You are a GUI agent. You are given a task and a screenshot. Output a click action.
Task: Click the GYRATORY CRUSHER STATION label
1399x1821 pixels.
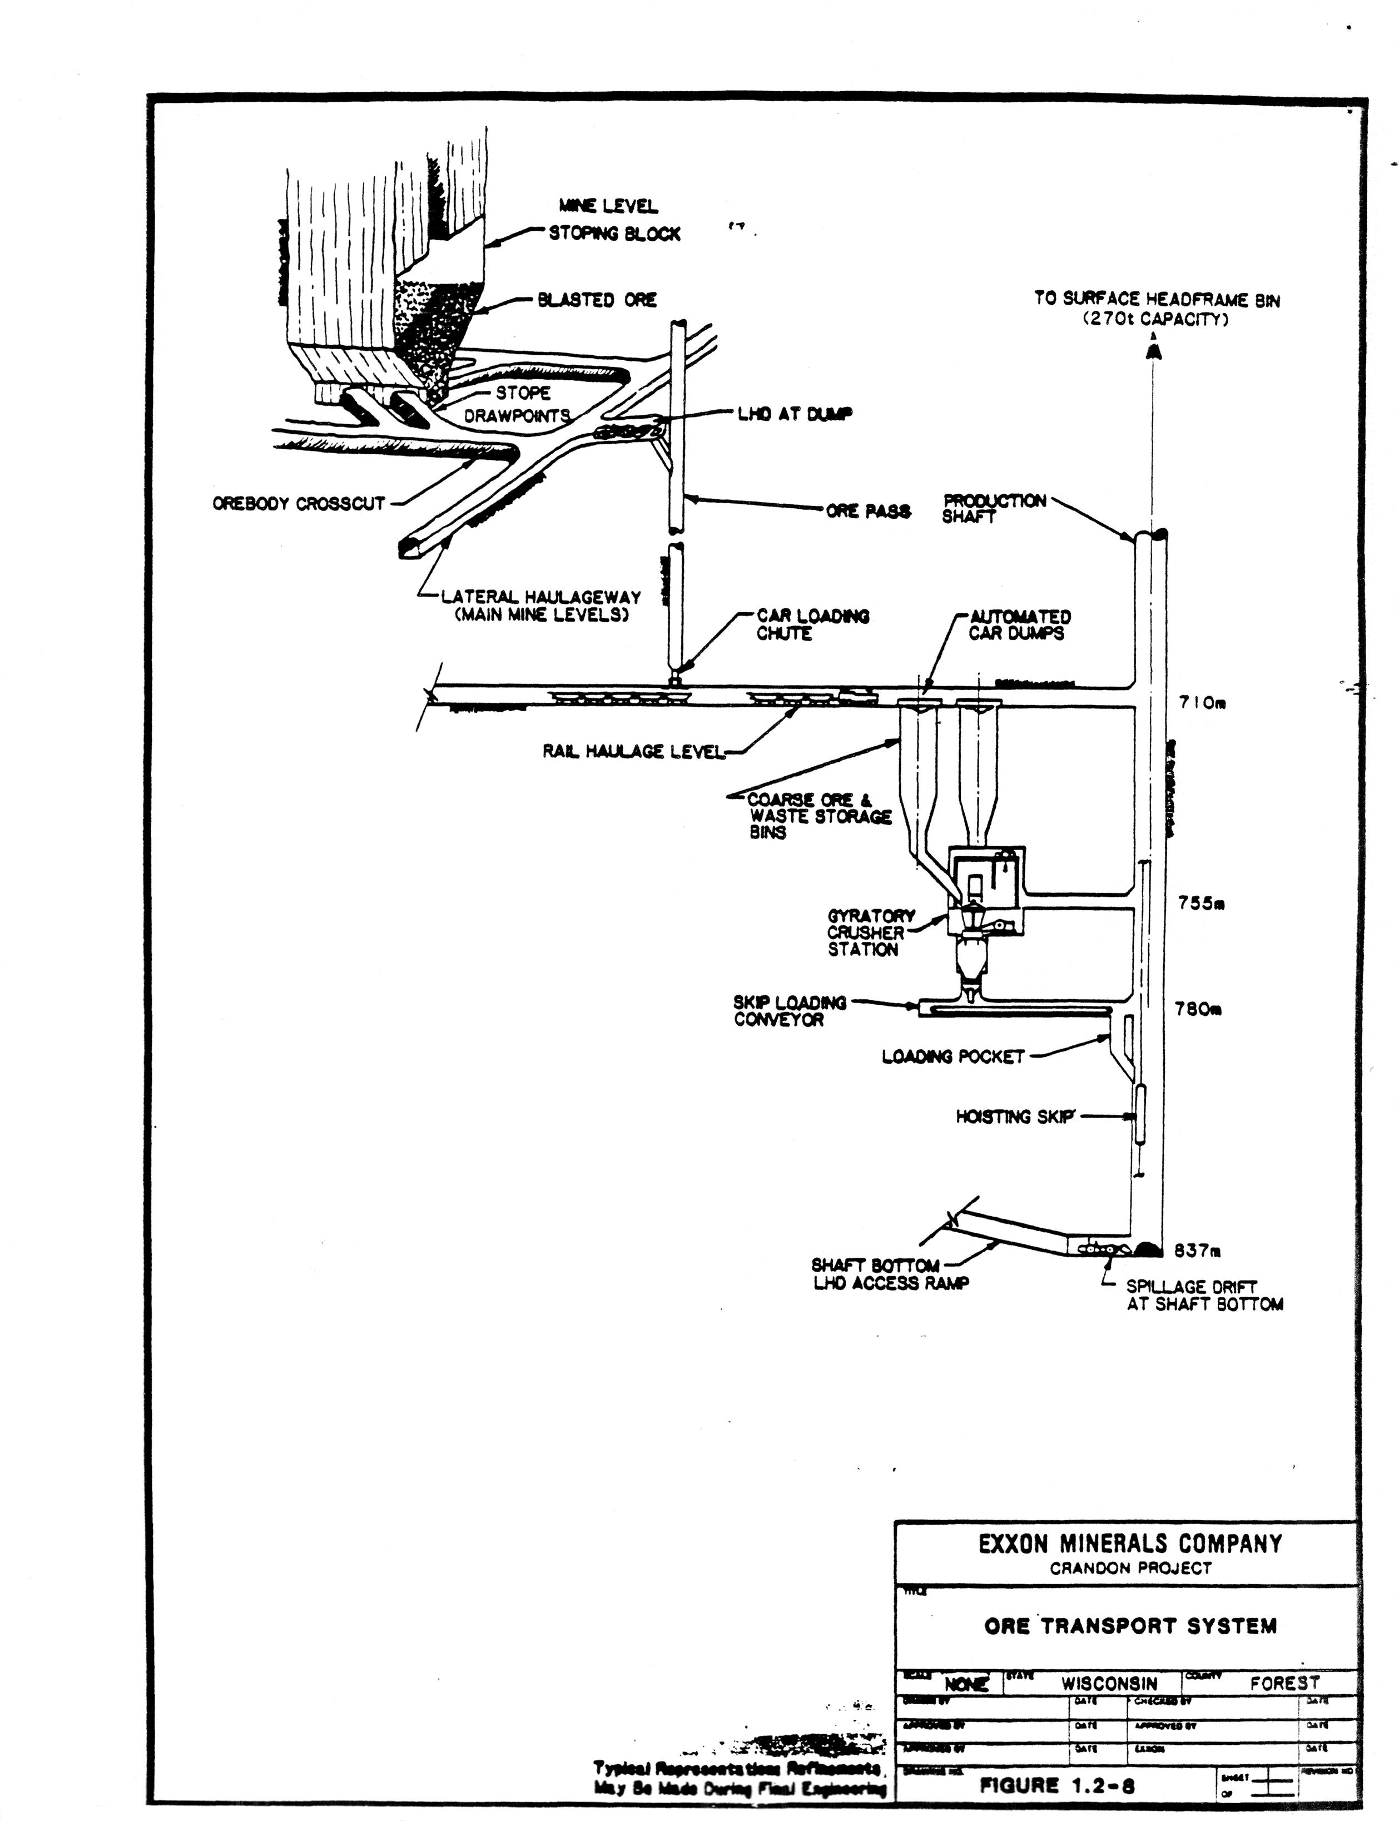coord(870,932)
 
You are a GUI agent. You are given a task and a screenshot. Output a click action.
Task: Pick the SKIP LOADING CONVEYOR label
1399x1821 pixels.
coord(788,1011)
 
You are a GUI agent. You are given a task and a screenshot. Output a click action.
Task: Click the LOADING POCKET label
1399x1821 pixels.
coord(952,1056)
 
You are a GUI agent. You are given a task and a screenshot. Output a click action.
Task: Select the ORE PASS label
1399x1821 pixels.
coord(868,511)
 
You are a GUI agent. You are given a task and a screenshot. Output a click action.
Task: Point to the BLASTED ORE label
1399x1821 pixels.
coord(597,300)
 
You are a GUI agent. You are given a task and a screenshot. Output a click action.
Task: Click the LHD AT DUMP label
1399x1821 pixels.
coord(795,414)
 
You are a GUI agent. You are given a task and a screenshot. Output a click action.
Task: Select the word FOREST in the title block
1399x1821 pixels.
coord(1284,1683)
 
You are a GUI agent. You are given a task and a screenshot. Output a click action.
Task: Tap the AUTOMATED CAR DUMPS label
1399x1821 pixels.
coord(1019,624)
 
